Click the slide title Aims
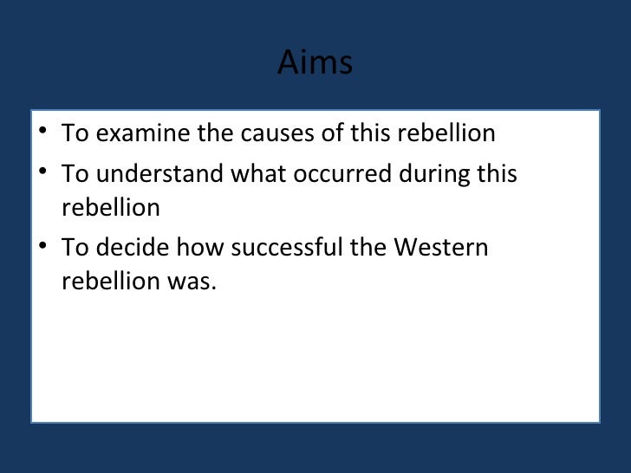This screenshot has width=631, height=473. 315,63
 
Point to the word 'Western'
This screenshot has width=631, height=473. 441,249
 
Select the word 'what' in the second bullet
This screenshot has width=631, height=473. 257,174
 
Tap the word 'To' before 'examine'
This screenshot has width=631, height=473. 75,134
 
